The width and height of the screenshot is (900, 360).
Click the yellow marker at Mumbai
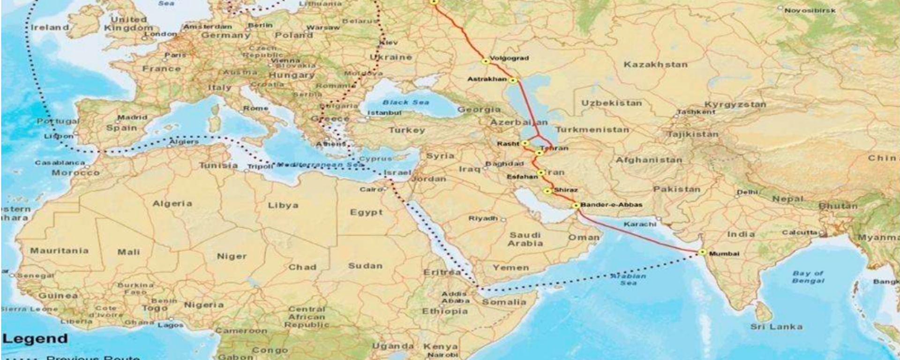702,252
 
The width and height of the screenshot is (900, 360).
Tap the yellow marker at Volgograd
486,61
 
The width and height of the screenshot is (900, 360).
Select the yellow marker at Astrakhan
513,81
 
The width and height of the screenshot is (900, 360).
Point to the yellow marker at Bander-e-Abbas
576,205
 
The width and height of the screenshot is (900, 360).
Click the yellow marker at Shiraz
547,191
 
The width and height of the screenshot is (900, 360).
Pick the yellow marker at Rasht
525,143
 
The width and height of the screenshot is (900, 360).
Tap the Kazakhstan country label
655,65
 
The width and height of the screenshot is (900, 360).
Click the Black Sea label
405,102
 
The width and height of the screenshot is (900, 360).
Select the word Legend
35,338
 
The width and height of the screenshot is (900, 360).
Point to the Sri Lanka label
776,327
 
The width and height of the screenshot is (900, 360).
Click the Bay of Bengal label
808,277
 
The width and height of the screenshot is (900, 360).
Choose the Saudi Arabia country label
525,239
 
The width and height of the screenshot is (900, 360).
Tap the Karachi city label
639,225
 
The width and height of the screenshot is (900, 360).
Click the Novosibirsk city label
810,10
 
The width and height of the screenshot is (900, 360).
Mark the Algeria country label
172,203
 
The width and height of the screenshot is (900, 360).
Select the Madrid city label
132,117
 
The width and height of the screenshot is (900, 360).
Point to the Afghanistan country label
649,160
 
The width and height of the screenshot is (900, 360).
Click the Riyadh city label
483,218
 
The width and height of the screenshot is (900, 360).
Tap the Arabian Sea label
628,279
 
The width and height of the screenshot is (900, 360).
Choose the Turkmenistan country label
592,129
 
